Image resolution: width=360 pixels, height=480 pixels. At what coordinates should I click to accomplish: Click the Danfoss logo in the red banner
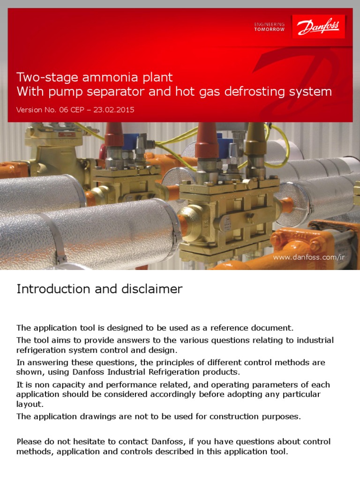(319, 27)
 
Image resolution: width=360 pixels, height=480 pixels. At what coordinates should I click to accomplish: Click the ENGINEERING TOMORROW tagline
(269, 27)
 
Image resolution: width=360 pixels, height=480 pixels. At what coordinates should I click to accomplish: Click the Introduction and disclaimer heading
(99, 289)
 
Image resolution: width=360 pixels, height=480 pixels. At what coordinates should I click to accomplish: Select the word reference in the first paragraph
(232, 327)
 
